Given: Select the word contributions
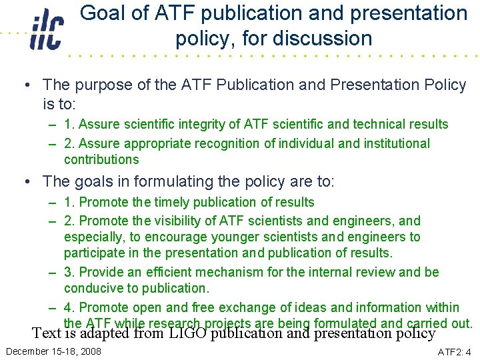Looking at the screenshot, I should [x=101, y=159].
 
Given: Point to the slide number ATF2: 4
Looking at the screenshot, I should [x=453, y=351].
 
